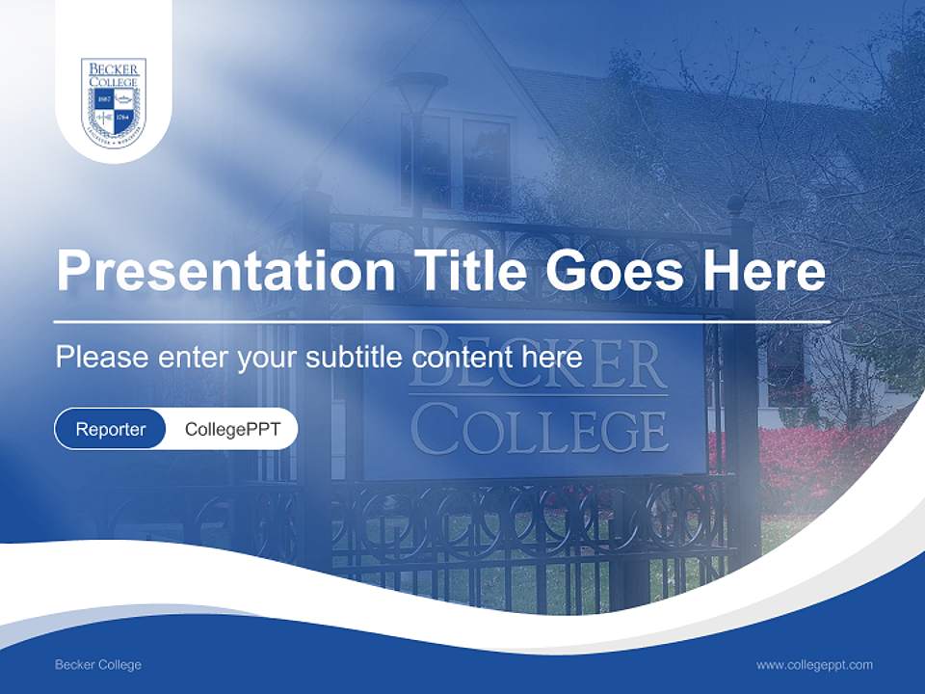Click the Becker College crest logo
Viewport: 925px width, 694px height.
click(x=114, y=102)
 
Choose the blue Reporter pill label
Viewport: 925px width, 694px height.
click(x=110, y=429)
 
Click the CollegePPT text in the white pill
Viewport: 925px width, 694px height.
click(x=232, y=429)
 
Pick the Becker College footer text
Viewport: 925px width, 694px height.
click(x=98, y=665)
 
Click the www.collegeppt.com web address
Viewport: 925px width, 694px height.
click(x=814, y=665)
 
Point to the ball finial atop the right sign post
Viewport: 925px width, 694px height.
click(x=735, y=205)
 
